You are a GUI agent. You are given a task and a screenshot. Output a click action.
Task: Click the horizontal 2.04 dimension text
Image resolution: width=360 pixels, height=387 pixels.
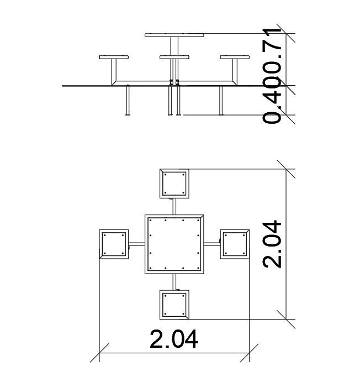click(x=173, y=339)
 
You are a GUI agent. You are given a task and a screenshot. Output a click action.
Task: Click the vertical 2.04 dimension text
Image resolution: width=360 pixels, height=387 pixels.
click(x=272, y=244)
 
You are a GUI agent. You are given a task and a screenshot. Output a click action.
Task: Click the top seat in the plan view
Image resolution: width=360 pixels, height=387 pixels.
click(x=174, y=184)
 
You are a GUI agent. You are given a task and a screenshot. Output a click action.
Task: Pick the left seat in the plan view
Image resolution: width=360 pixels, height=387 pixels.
click(x=114, y=244)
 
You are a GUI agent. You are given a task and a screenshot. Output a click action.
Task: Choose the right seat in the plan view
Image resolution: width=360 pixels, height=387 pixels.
click(x=235, y=244)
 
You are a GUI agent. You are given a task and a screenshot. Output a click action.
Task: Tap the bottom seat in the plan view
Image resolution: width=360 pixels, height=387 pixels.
click(x=174, y=305)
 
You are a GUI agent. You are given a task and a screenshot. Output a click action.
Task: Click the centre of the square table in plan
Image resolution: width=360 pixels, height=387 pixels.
click(x=174, y=244)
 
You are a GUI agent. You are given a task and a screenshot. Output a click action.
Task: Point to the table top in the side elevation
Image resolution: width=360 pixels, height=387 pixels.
click(x=174, y=35)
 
